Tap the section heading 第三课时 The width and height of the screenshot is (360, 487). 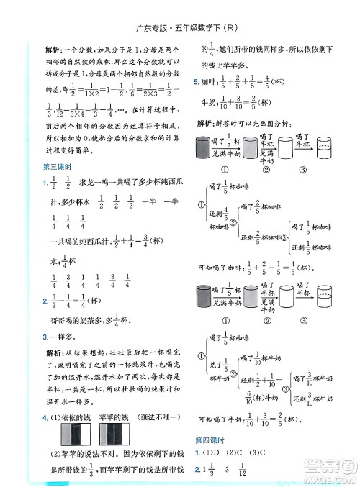pyautogui.click(x=55, y=168)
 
